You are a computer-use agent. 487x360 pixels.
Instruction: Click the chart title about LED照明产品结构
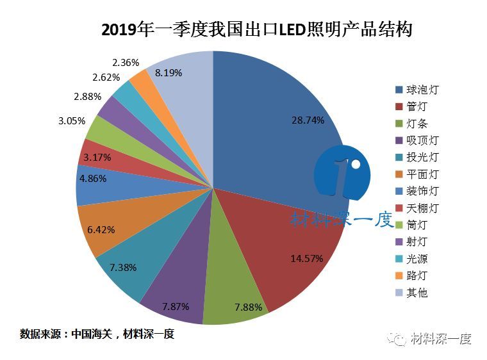coord(256,29)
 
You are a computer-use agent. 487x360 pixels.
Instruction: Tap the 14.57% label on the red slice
coord(306,258)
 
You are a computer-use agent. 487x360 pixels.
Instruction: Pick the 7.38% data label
coord(122,267)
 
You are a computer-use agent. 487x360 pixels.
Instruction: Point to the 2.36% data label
coord(126,63)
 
